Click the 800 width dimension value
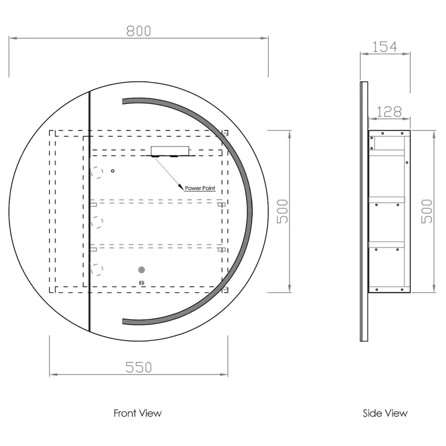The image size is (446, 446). (139, 31)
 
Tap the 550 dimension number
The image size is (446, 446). (138, 367)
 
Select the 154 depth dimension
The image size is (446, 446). (385, 47)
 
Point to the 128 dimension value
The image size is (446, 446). (389, 112)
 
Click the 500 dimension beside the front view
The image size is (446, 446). (282, 211)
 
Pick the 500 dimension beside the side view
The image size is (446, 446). (427, 211)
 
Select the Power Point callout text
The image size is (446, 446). (200, 188)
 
